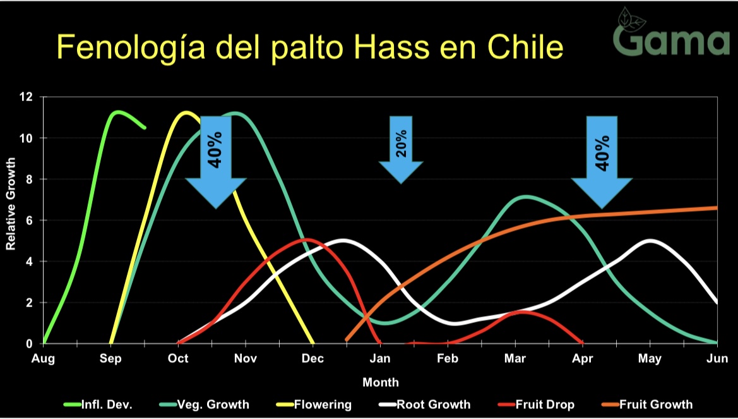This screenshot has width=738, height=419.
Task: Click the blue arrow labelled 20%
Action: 401,149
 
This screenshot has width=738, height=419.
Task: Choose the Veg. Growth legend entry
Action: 205,404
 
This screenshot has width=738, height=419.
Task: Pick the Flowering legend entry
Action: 313,404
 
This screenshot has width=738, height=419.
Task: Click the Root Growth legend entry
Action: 424,404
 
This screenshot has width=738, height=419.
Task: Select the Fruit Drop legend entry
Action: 536,404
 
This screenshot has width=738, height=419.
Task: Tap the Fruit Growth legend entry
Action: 647,404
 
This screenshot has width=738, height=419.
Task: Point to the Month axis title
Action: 380,382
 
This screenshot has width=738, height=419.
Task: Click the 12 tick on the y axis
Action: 27,97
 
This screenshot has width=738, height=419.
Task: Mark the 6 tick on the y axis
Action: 29,220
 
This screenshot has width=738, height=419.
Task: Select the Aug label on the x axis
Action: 44,359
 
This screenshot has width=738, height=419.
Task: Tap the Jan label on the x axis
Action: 380,359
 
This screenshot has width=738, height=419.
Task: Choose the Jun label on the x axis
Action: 717,359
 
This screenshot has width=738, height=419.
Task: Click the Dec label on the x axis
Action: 312,359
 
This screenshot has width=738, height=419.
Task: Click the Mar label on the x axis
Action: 515,359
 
